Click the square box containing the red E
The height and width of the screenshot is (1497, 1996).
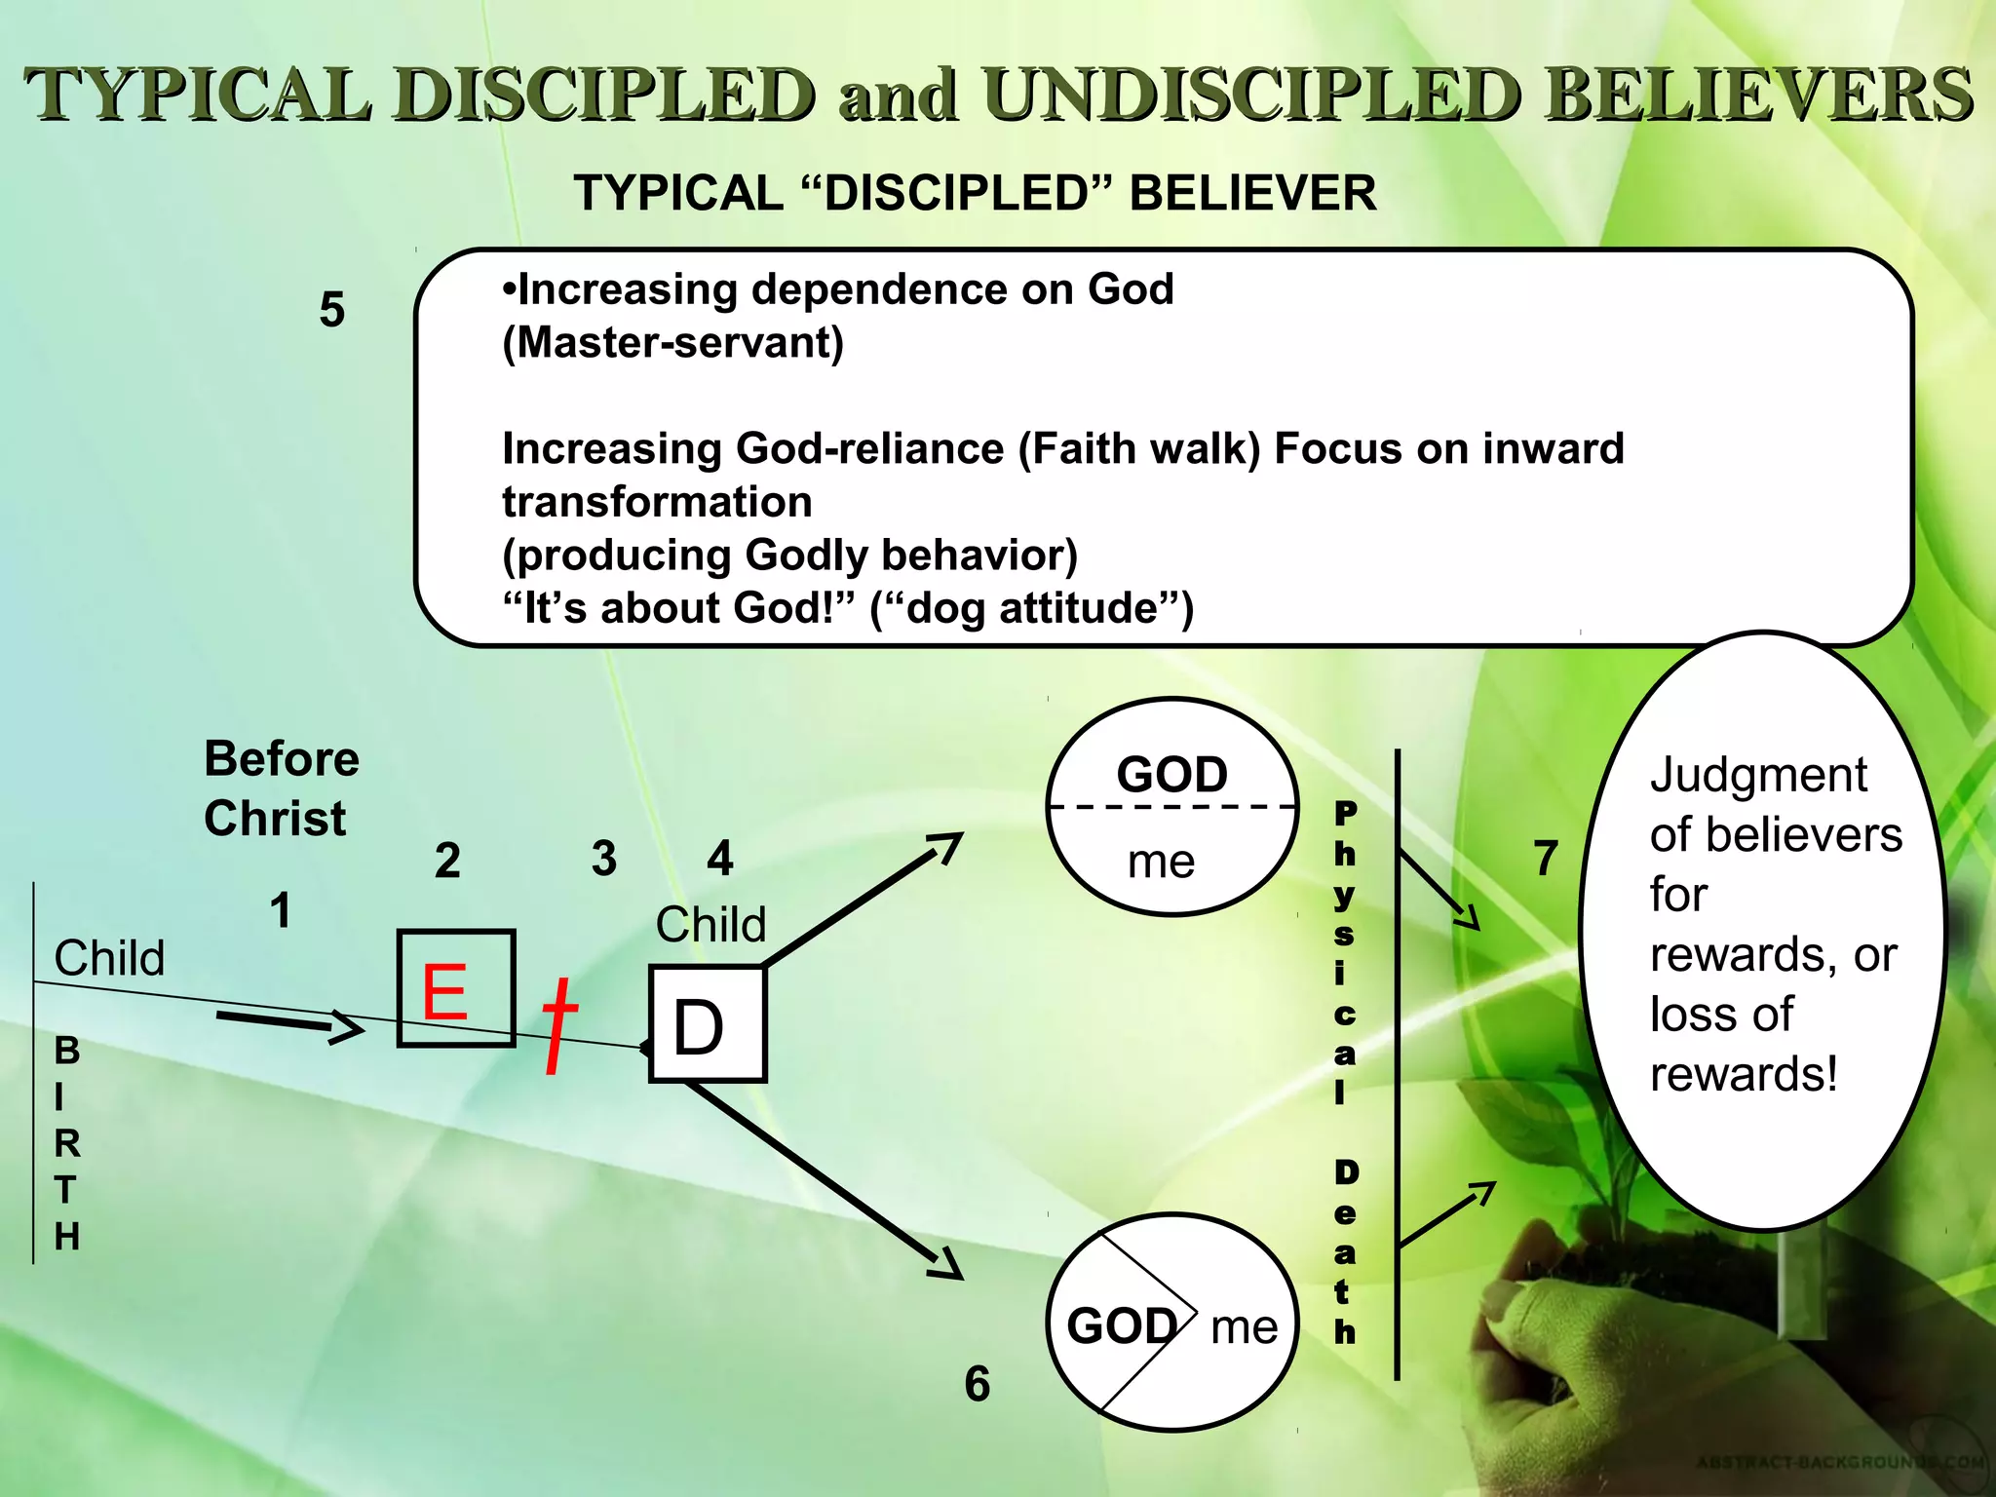(x=456, y=988)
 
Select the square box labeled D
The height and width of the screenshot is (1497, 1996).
(x=708, y=1024)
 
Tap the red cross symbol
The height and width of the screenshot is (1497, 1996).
(x=558, y=1024)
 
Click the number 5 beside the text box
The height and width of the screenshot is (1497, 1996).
(x=332, y=310)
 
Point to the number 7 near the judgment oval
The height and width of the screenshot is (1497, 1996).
(x=1546, y=859)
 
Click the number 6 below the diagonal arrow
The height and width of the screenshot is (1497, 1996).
(x=977, y=1384)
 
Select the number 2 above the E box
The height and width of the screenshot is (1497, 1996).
(x=447, y=861)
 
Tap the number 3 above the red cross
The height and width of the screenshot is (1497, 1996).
(x=604, y=859)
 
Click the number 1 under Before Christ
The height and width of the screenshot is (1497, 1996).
(x=281, y=910)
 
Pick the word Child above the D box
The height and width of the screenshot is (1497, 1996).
(x=710, y=924)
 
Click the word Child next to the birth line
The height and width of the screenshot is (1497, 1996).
(x=109, y=958)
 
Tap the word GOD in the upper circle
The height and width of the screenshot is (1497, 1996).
(x=1171, y=775)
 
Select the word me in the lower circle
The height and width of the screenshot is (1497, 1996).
(x=1244, y=1326)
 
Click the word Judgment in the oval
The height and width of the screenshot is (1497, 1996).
(x=1758, y=776)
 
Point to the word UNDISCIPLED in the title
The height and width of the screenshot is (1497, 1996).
(x=1250, y=96)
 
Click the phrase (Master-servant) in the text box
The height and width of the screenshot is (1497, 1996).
(x=672, y=343)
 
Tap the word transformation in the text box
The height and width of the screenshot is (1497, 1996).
(x=657, y=502)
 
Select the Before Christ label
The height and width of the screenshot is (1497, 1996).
(x=281, y=787)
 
